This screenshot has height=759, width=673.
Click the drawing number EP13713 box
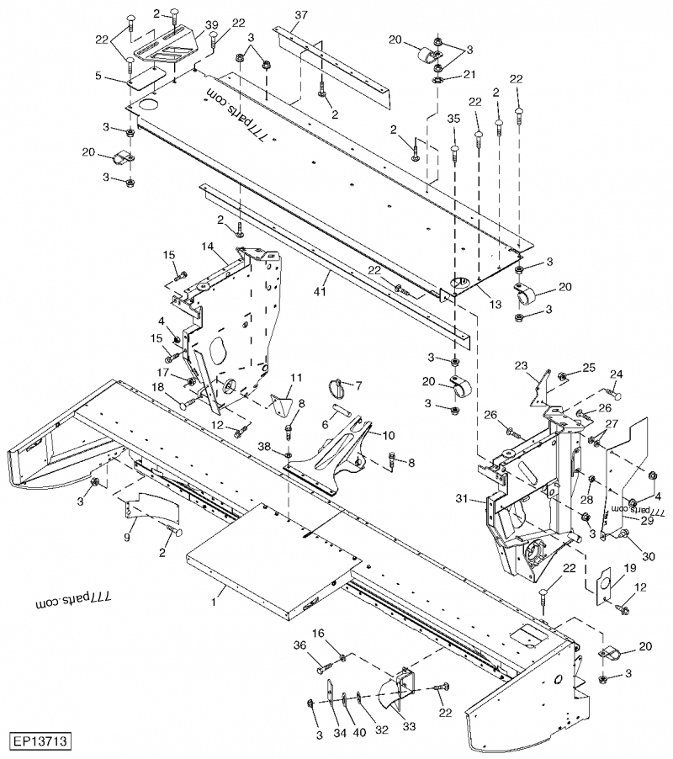[x=40, y=742]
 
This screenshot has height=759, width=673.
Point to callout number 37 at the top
[x=301, y=16]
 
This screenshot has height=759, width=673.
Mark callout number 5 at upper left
[x=98, y=75]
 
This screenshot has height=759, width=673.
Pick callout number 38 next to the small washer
[x=264, y=446]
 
